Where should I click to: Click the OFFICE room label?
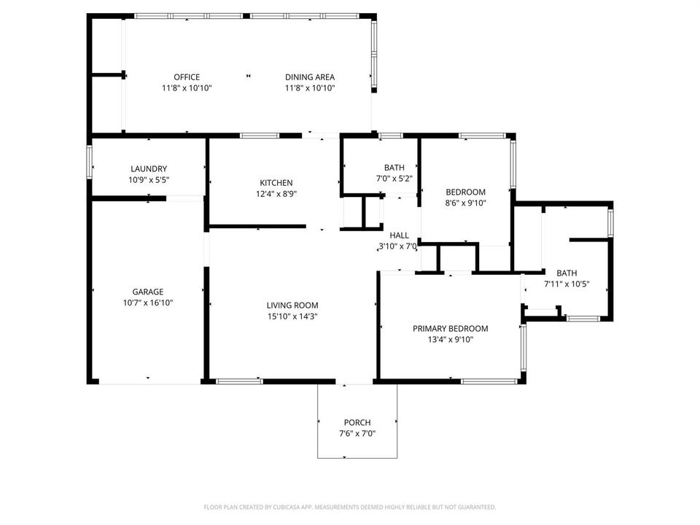(187, 77)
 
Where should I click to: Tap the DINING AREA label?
(310, 77)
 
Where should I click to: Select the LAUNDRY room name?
(149, 168)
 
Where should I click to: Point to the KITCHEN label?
(276, 182)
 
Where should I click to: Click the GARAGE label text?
(148, 292)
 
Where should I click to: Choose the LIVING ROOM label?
(292, 306)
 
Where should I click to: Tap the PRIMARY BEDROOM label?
(451, 329)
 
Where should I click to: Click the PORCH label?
(357, 422)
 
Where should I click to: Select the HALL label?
(399, 236)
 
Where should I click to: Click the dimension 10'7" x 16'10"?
(148, 303)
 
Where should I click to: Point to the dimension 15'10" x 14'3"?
(292, 316)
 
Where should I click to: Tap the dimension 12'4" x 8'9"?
(276, 194)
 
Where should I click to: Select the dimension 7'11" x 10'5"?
(567, 284)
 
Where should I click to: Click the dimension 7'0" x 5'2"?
(394, 179)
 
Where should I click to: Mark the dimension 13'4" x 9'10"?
(451, 340)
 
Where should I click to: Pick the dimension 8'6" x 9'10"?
(466, 203)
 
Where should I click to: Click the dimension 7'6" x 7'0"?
(357, 433)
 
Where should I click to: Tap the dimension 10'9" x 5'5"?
(149, 180)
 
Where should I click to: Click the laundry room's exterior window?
(89, 162)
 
